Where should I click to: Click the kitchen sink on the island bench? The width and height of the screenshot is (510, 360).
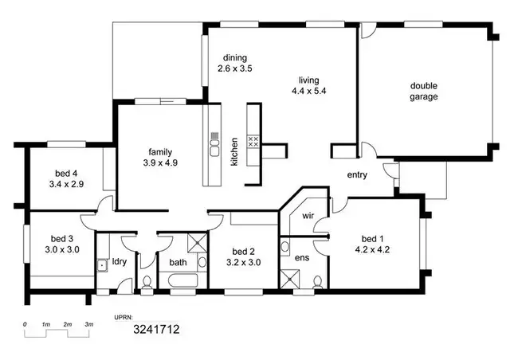[x=214, y=145]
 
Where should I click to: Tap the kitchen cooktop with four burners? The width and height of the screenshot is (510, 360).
[x=254, y=142]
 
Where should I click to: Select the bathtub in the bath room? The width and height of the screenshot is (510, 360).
[x=183, y=279]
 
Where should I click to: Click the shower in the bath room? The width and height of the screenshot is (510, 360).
[x=196, y=245]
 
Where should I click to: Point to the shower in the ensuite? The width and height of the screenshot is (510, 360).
[x=288, y=279]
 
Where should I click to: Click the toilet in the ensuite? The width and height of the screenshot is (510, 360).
[x=318, y=281]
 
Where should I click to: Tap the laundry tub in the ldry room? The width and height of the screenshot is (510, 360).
[x=102, y=266]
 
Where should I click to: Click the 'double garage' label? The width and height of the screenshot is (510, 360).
[x=425, y=92]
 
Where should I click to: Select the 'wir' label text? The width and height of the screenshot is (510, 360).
[x=308, y=216]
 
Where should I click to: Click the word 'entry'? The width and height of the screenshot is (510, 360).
[x=357, y=175]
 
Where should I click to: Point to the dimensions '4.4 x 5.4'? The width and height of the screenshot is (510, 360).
[x=308, y=91]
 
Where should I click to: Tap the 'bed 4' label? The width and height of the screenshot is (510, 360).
[x=65, y=174]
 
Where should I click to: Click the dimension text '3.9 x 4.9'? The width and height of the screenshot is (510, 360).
[x=156, y=162]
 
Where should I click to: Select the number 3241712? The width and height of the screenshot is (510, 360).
[x=155, y=328]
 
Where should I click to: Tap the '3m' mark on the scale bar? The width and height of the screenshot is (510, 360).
[x=89, y=325]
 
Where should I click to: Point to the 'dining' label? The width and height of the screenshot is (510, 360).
[x=234, y=58]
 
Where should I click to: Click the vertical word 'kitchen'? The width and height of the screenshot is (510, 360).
[x=234, y=151]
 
